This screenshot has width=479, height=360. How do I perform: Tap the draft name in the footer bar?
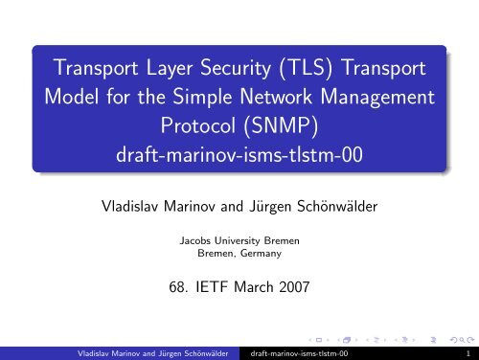coord(296,351)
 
